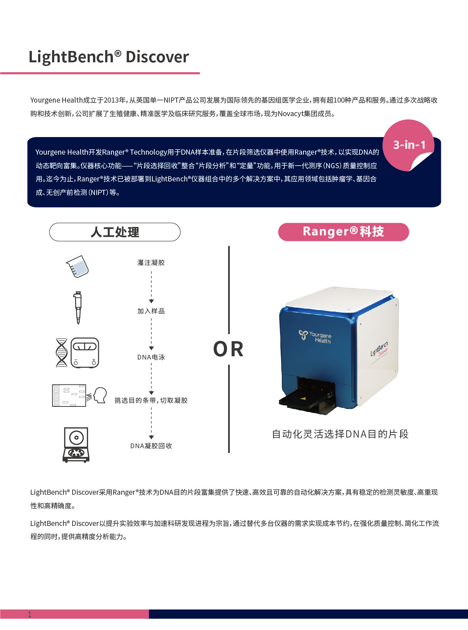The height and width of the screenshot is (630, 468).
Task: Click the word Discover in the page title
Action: (x=157, y=57)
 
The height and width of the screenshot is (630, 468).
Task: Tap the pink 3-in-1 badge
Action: (x=409, y=145)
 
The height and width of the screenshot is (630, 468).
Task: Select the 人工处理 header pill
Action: (x=115, y=232)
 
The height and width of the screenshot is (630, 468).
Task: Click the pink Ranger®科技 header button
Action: (x=343, y=232)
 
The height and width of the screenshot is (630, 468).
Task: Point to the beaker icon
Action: (x=78, y=266)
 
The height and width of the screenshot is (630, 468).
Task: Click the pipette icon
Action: (x=78, y=307)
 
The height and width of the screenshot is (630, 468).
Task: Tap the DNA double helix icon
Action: (x=61, y=353)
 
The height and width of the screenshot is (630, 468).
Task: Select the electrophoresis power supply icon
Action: (x=85, y=353)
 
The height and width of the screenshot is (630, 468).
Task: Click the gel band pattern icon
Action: (x=69, y=395)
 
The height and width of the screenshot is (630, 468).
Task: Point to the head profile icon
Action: (x=99, y=395)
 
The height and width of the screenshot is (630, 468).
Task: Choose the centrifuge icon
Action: (x=76, y=445)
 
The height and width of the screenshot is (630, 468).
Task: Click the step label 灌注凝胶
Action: (x=151, y=263)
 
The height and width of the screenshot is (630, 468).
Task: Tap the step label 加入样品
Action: (x=151, y=311)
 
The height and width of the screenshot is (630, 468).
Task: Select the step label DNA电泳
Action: (x=151, y=357)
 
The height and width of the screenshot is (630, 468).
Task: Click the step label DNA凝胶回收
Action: (x=151, y=446)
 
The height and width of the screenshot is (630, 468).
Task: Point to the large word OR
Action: (x=228, y=349)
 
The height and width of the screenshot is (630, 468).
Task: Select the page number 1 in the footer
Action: (x=30, y=615)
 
